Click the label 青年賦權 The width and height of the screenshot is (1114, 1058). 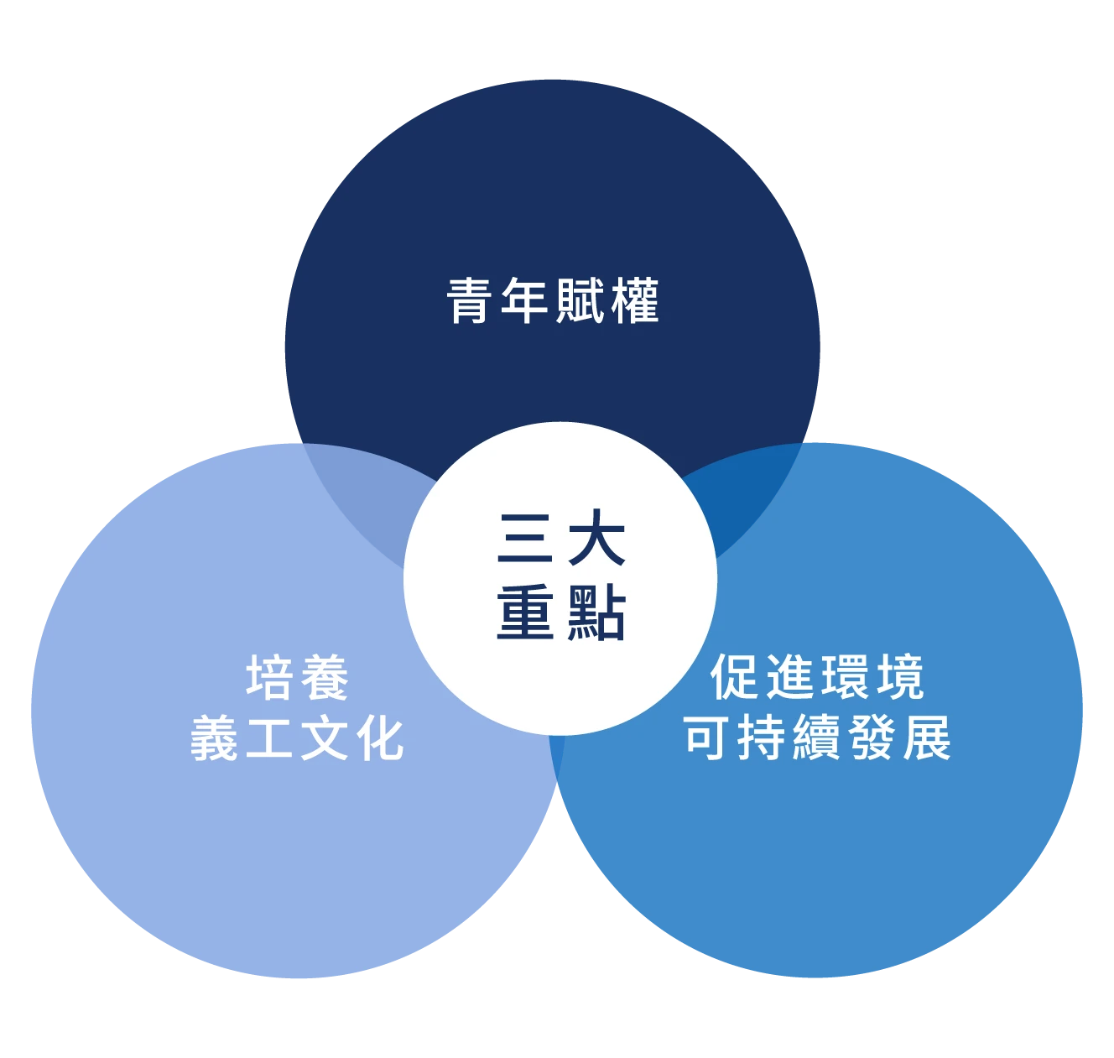tap(553, 300)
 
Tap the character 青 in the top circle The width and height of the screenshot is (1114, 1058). tap(469, 300)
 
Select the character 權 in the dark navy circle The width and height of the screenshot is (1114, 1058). tap(636, 300)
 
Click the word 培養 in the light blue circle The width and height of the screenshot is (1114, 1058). tap(297, 678)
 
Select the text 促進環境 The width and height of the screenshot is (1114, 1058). tap(816, 677)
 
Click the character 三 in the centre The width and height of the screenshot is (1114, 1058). tap(524, 538)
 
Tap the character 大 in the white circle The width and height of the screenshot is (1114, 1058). tap(596, 538)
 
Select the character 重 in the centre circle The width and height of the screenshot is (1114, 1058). tap(524, 613)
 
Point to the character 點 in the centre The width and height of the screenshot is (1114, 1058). tap(596, 613)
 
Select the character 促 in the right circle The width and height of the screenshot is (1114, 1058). tap(733, 677)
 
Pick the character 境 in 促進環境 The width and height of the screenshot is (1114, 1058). tap(900, 677)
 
